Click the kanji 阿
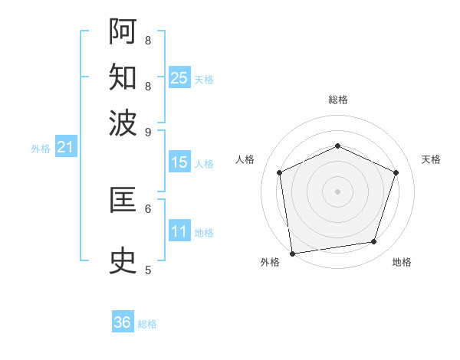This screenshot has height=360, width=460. [x=123, y=31]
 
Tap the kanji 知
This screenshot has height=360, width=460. [x=123, y=77]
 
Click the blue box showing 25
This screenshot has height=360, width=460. [x=179, y=78]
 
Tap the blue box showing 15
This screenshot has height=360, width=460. [x=179, y=162]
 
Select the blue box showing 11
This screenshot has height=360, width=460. [x=179, y=232]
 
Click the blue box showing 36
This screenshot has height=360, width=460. [x=122, y=322]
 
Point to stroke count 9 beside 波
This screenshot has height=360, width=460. [x=148, y=131]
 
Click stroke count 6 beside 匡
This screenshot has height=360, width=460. [x=148, y=208]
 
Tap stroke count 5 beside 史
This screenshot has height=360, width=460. [x=148, y=270]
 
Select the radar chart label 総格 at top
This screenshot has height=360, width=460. [x=337, y=100]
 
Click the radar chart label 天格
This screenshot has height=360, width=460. [x=431, y=159]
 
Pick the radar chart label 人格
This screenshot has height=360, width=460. [x=245, y=159]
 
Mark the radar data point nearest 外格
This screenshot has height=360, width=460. [x=291, y=253]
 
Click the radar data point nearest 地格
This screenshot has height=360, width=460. [x=374, y=242]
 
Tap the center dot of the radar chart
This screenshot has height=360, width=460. [x=337, y=191]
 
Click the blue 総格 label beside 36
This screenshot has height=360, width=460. [x=147, y=324]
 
